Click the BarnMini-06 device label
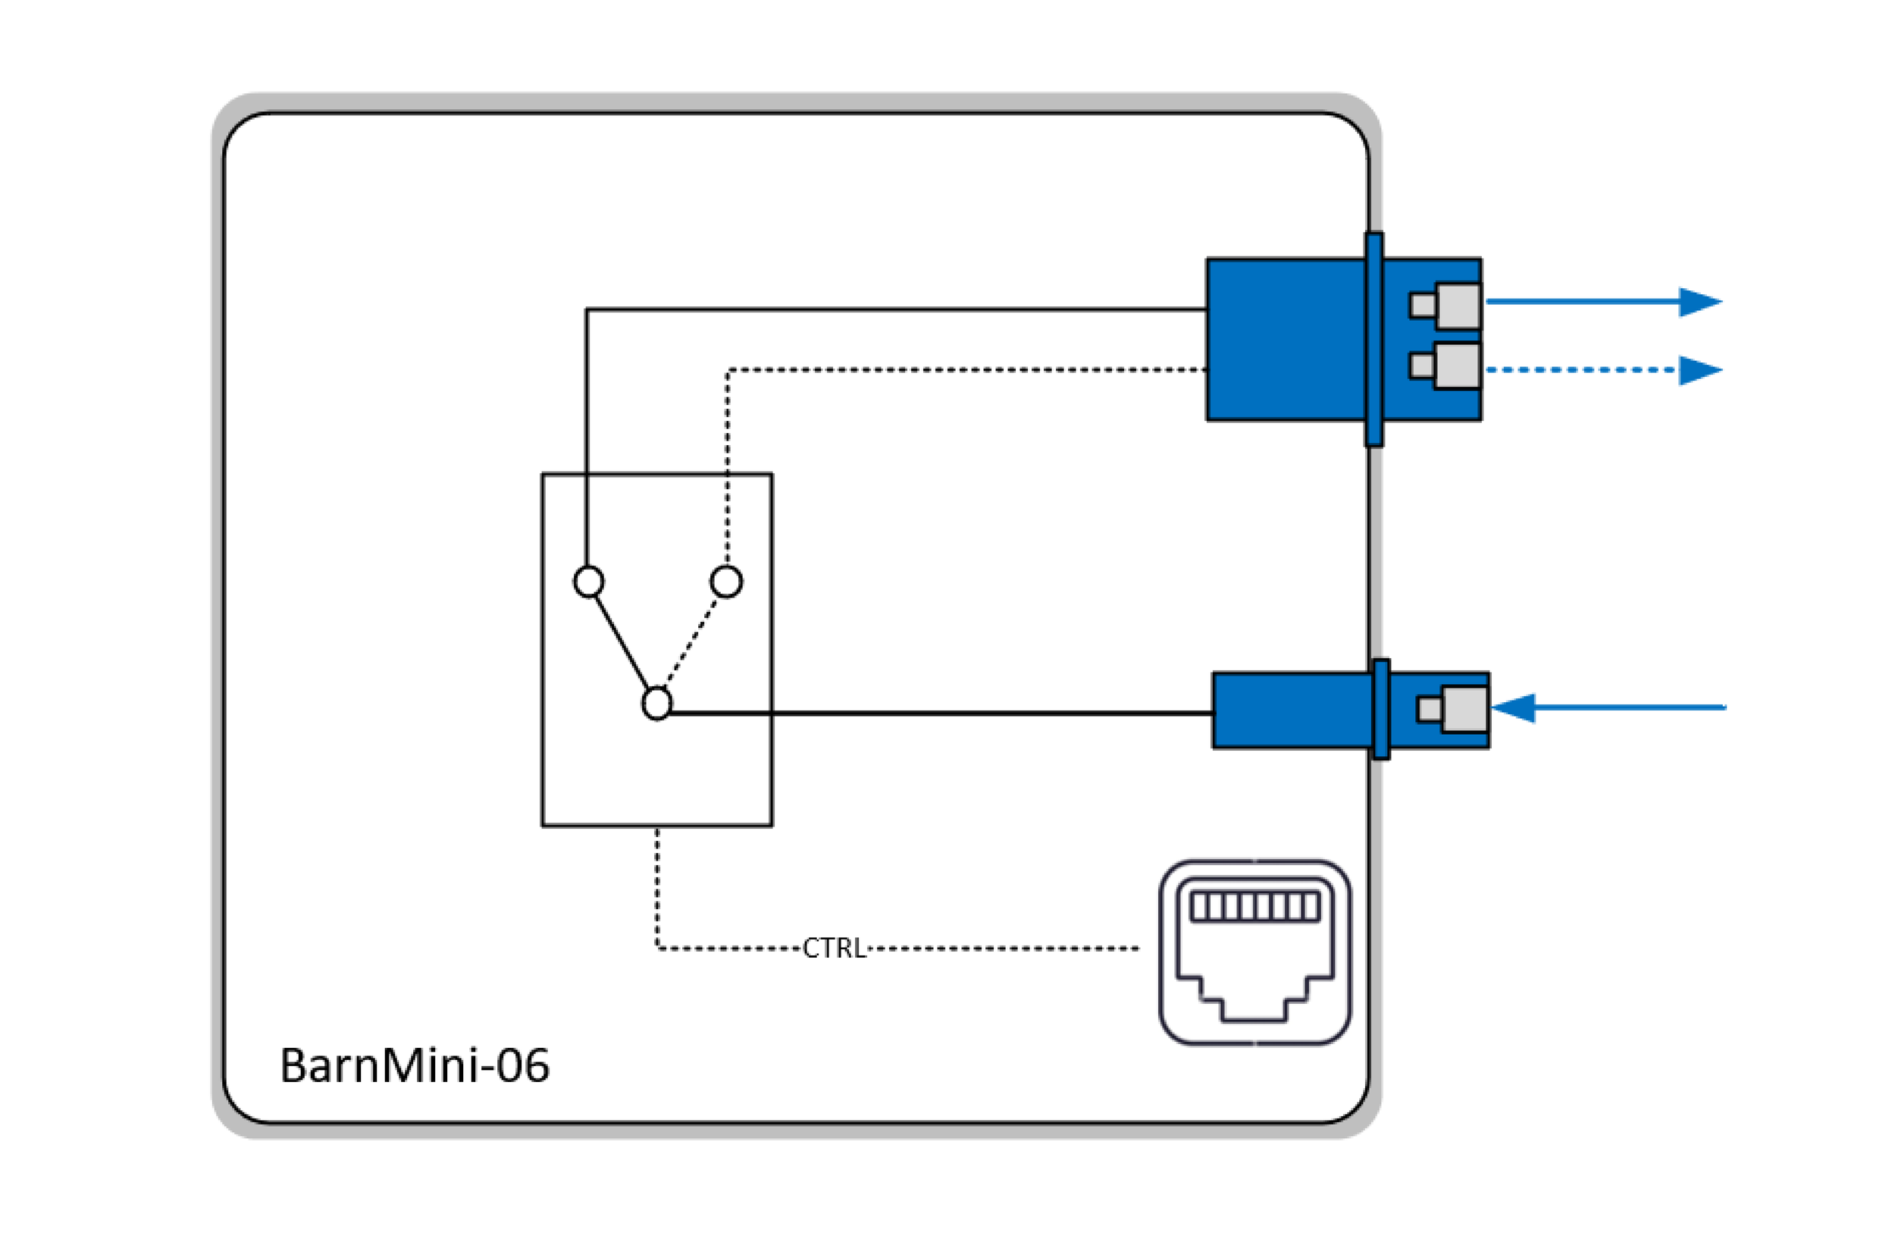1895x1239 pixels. click(x=414, y=1065)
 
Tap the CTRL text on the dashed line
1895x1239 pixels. click(x=834, y=949)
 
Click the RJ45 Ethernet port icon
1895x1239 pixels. click(x=1254, y=952)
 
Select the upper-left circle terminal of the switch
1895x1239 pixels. click(x=588, y=582)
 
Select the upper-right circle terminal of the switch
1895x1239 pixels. click(x=726, y=582)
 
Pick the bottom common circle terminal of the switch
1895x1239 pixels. click(x=657, y=704)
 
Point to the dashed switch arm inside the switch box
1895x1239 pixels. click(x=692, y=641)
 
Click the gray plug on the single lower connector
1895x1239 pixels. click(x=1464, y=709)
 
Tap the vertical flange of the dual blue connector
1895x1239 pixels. click(x=1374, y=339)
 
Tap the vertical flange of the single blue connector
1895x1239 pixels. click(x=1381, y=709)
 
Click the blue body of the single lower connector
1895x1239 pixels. click(x=1290, y=710)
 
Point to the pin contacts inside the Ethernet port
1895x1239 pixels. click(x=1254, y=907)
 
